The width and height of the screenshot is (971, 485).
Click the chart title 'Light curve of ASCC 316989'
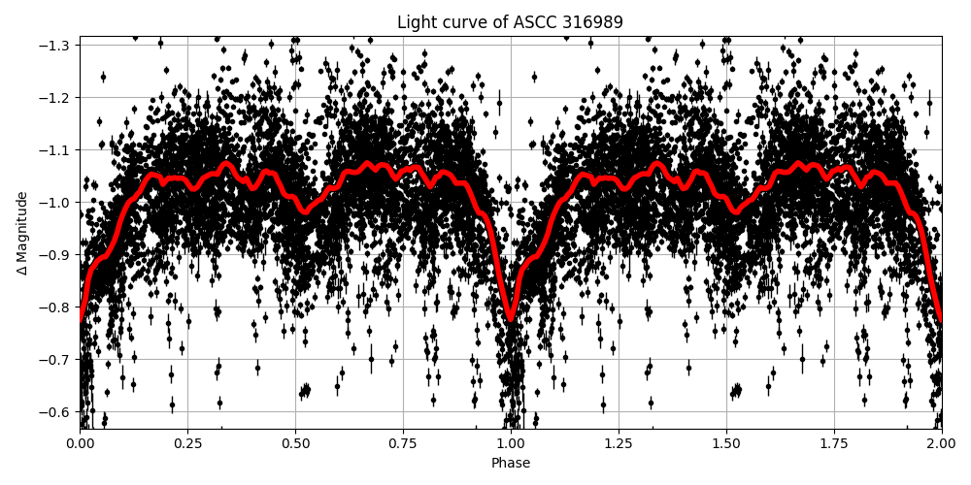click(510, 22)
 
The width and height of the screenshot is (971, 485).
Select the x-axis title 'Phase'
click(510, 464)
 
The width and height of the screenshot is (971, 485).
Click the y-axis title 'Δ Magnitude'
click(22, 233)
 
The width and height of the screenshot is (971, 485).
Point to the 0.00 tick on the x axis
click(80, 444)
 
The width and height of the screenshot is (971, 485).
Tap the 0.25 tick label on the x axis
click(187, 444)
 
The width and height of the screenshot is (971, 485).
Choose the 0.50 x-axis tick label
click(295, 444)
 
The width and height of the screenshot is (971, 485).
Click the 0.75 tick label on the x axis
click(403, 444)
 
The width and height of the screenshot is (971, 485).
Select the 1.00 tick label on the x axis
click(511, 444)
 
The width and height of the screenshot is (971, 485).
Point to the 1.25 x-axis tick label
click(619, 444)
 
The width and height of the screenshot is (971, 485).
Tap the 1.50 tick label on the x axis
click(726, 444)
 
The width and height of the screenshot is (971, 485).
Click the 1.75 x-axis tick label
click(834, 444)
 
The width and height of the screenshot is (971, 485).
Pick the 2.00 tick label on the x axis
click(941, 444)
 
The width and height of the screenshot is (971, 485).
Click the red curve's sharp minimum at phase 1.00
click(511, 318)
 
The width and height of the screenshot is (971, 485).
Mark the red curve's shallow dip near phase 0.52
click(305, 211)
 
